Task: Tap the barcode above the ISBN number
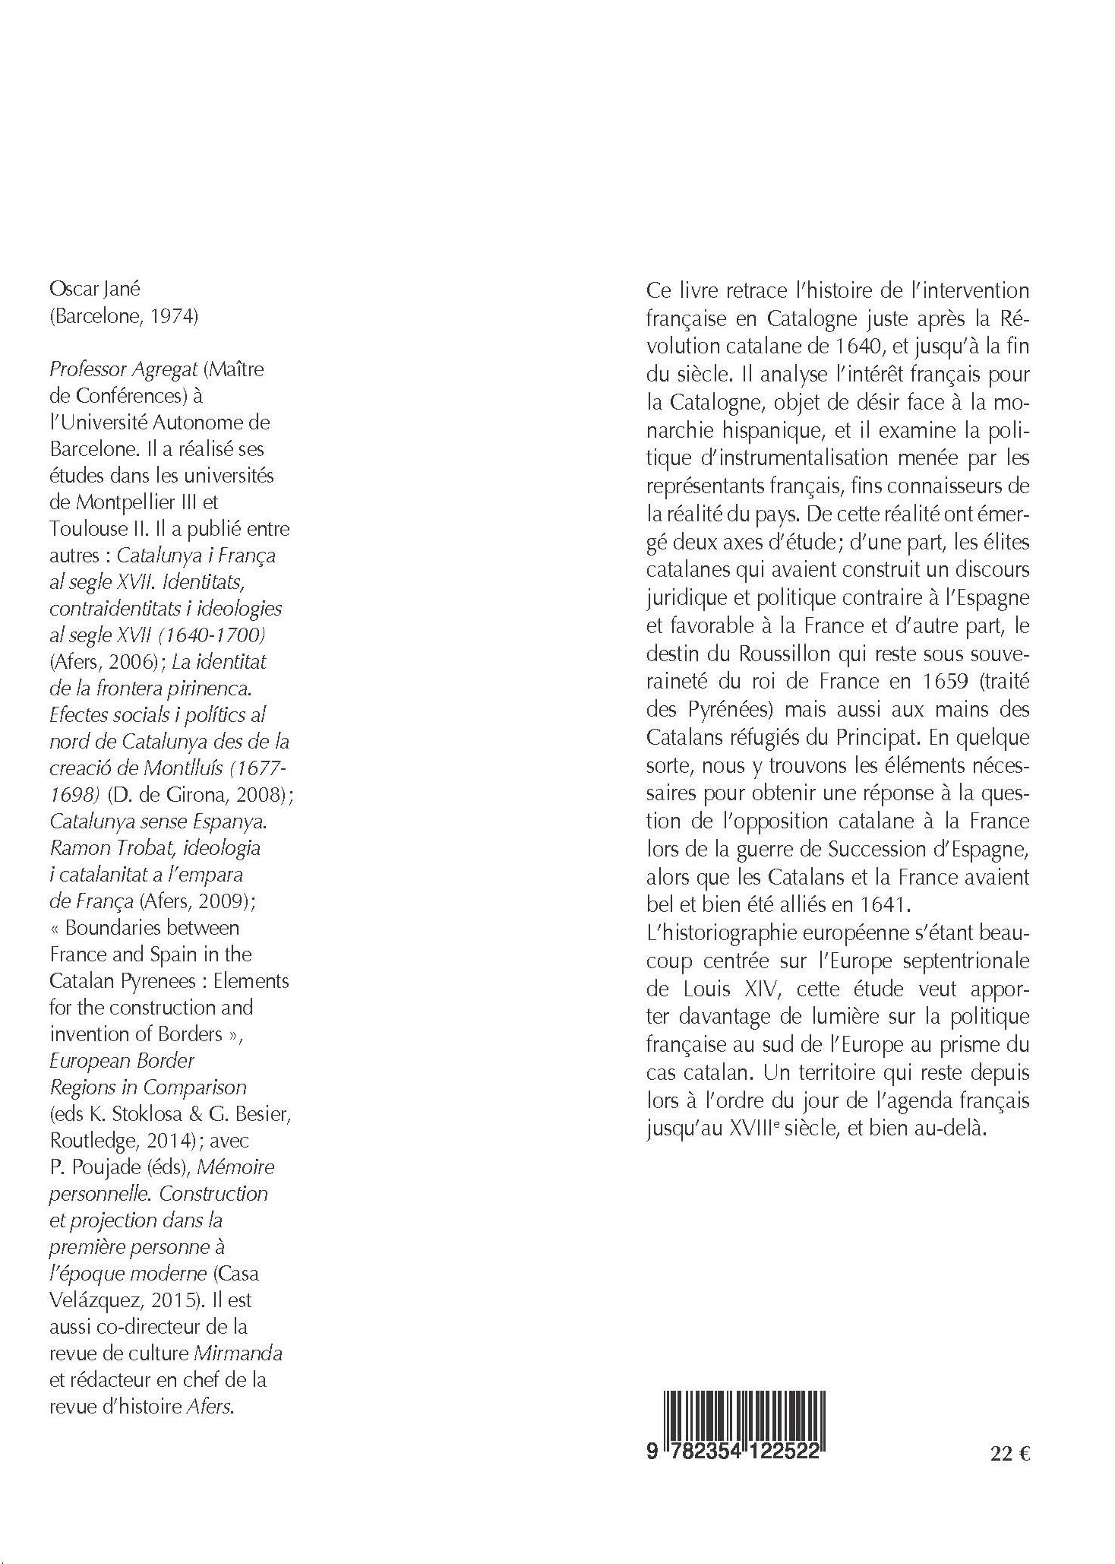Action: [x=744, y=1407]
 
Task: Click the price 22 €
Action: [x=1009, y=1454]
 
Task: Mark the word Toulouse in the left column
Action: [x=83, y=529]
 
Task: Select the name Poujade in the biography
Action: [x=101, y=1167]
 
